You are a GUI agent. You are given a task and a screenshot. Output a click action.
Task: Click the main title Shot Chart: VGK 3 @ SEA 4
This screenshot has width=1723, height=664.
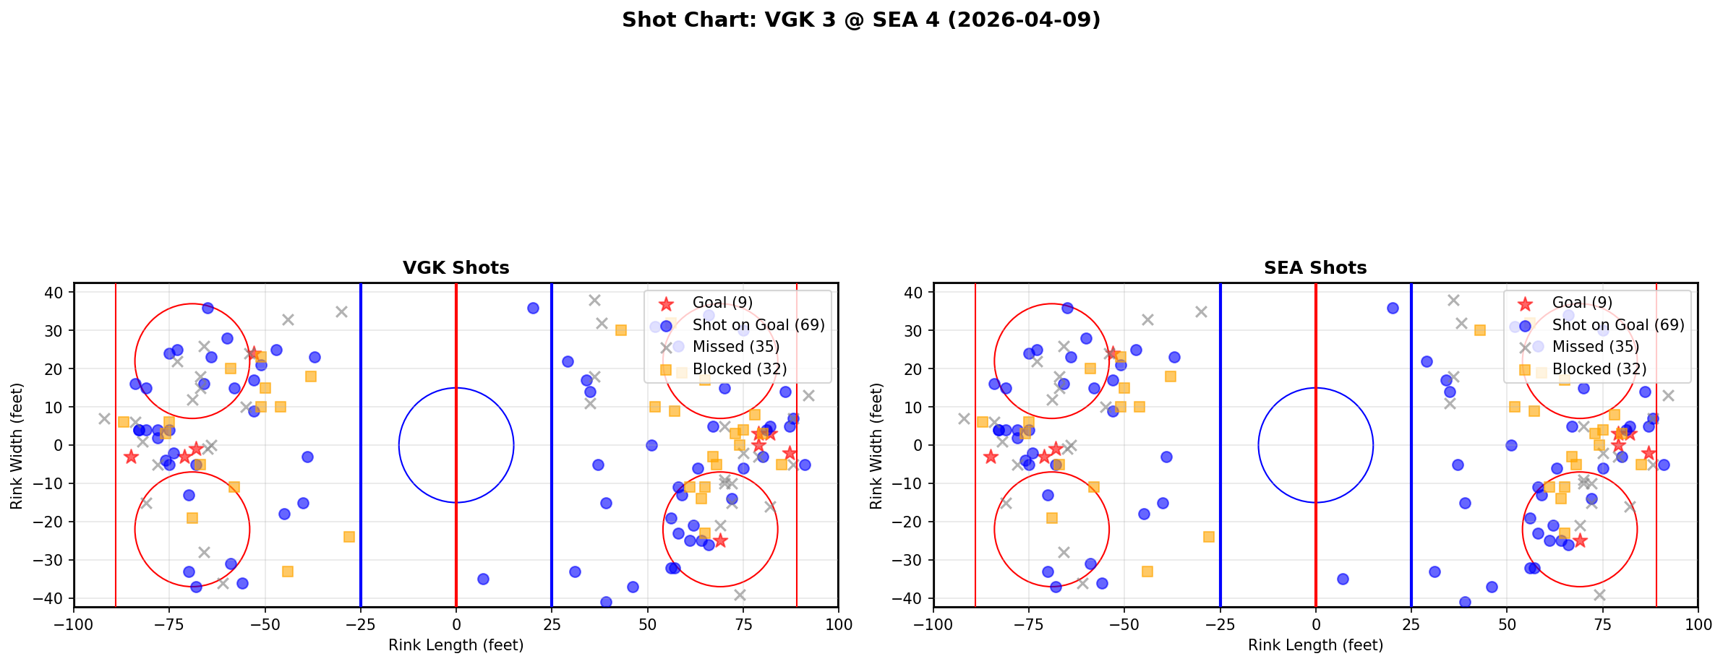pyautogui.click(x=860, y=20)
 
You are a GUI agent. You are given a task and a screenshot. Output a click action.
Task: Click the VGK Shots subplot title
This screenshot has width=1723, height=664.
pyautogui.click(x=456, y=268)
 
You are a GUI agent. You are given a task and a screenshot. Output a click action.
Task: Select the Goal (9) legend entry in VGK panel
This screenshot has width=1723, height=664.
pyautogui.click(x=722, y=303)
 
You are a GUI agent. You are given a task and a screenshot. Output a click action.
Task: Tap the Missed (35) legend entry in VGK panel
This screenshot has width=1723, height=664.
pyautogui.click(x=735, y=347)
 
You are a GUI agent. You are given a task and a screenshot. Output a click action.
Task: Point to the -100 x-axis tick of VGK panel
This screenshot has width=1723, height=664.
pyautogui.click(x=74, y=624)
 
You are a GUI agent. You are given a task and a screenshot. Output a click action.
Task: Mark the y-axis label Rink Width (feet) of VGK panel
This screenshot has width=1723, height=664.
pyautogui.click(x=17, y=446)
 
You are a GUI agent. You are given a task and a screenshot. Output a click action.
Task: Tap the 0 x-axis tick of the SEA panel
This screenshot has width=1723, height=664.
pyautogui.click(x=1315, y=624)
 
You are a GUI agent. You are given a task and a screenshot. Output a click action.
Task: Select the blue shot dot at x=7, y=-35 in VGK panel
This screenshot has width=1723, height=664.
pyautogui.click(x=483, y=579)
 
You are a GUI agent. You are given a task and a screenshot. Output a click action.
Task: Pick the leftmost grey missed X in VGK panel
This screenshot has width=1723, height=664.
pyautogui.click(x=104, y=418)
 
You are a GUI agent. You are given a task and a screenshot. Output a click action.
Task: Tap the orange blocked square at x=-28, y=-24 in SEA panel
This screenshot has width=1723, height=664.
pyautogui.click(x=1208, y=537)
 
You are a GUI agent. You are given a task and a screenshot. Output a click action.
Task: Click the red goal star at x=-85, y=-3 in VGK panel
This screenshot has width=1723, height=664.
pyautogui.click(x=131, y=457)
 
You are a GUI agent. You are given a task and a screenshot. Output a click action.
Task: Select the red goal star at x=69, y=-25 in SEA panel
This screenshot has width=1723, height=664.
pyautogui.click(x=1579, y=540)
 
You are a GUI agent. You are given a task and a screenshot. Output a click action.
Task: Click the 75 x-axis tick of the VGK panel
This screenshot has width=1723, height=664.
pyautogui.click(x=743, y=624)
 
